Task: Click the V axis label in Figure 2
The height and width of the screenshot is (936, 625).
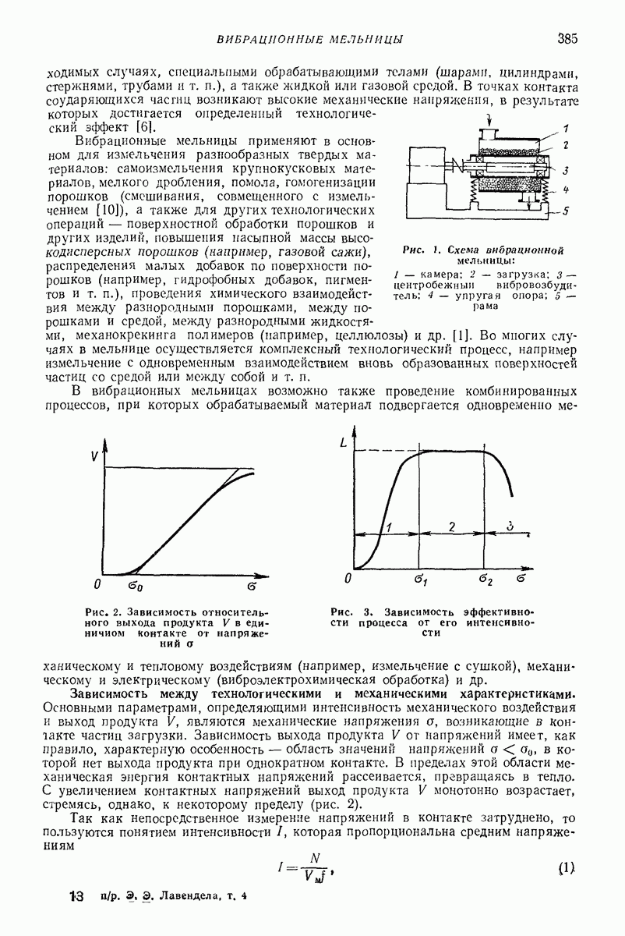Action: tap(95, 458)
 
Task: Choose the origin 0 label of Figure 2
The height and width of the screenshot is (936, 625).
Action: tap(96, 583)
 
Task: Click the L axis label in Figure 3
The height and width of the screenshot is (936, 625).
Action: tap(344, 444)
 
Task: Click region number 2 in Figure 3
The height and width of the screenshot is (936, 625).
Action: tap(452, 526)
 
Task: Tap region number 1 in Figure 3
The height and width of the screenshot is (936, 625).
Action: tap(388, 526)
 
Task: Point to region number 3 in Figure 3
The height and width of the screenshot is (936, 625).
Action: tap(510, 526)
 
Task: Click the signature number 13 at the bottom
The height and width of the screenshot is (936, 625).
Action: tap(76, 898)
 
